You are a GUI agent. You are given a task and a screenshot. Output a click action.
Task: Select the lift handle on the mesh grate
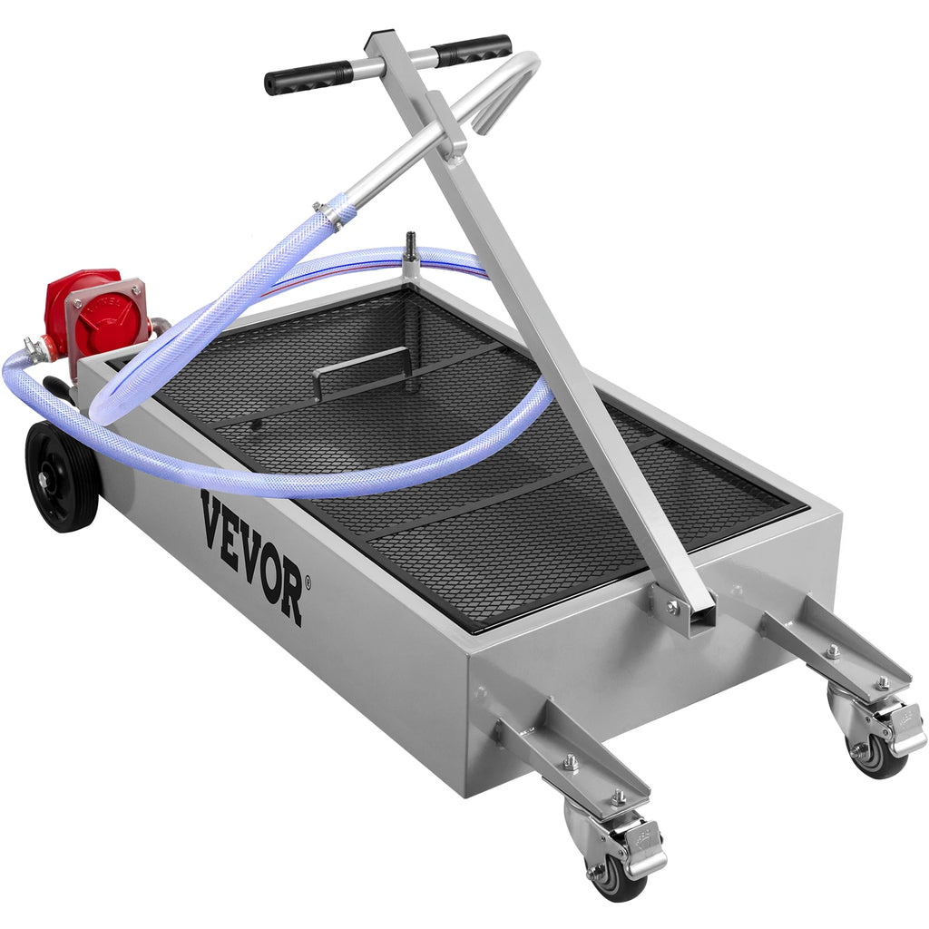click(363, 367)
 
